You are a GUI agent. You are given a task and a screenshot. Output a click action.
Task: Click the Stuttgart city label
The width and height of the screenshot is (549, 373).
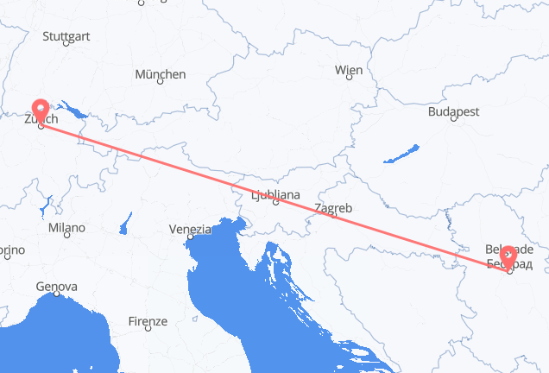coord(66,37)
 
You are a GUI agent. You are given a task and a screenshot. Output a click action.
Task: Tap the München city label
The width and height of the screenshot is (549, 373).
coord(160,75)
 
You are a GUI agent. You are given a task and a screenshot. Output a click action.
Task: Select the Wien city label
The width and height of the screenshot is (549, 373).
coord(349,69)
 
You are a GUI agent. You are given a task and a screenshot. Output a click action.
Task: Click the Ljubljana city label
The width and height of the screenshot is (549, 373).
coord(275,195)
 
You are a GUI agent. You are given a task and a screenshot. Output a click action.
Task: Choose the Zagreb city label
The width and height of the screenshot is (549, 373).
coord(333,208)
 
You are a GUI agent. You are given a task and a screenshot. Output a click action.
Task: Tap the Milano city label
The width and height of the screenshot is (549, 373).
coord(66,229)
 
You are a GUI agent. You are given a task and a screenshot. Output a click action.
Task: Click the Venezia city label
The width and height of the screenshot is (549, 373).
coord(190,230)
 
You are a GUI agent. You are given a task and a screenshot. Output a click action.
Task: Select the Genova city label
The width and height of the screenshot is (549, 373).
coord(56,286)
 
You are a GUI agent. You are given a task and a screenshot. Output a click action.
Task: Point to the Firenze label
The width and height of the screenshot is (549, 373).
coord(148,321)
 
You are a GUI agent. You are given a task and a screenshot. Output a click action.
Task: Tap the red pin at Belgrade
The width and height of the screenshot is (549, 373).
coord(508,256)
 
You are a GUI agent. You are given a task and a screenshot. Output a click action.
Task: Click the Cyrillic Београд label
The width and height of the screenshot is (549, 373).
coord(510,262)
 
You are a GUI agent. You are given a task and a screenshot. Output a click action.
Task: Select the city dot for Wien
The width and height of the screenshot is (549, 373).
coord(349,78)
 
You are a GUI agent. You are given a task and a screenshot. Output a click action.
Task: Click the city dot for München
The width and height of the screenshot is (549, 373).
coord(160,84)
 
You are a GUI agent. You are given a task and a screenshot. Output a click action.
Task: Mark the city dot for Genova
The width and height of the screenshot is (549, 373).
coord(56,294)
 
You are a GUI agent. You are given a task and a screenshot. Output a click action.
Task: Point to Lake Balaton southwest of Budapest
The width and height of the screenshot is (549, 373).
coord(399,155)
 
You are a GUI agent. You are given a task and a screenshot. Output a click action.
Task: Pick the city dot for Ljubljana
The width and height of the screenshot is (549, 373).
coord(275,204)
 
